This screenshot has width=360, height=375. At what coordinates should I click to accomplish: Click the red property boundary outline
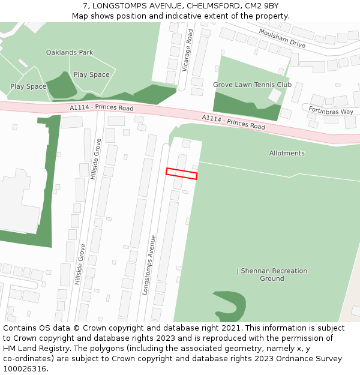181,173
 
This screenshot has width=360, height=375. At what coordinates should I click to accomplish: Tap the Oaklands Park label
70,53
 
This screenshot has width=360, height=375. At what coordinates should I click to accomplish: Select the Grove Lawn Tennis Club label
252,85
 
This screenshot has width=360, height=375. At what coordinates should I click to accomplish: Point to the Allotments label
286,153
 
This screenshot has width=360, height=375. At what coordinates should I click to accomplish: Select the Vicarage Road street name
187,50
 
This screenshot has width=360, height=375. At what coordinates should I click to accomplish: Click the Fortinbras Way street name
331,112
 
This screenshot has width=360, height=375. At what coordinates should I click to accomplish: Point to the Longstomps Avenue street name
149,264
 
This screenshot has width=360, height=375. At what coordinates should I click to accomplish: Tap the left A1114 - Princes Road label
101,108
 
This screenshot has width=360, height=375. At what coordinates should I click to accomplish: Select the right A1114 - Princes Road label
233,122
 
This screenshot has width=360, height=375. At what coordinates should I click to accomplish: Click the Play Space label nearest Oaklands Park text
91,75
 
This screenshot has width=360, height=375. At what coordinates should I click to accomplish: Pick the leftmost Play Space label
28,86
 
